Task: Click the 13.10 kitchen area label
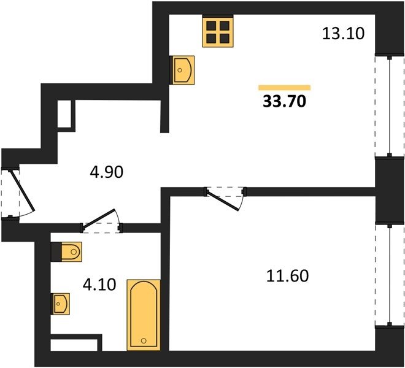[343, 34]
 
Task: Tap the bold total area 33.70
[284, 101]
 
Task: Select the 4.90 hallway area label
[106, 172]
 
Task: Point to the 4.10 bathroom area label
[99, 285]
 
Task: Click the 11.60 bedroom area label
[287, 275]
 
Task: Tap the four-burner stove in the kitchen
[218, 31]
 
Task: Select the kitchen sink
[182, 70]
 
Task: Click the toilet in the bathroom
[71, 251]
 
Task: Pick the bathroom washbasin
[60, 304]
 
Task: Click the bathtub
[144, 315]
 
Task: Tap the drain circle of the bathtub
[144, 341]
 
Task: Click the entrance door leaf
[21, 190]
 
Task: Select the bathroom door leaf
[98, 219]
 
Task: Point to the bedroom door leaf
[223, 201]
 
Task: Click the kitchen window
[390, 106]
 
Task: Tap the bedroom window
[390, 275]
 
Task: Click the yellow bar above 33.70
[284, 88]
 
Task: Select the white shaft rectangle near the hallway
[64, 113]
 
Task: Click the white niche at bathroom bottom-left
[74, 345]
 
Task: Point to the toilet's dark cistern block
[56, 251]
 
